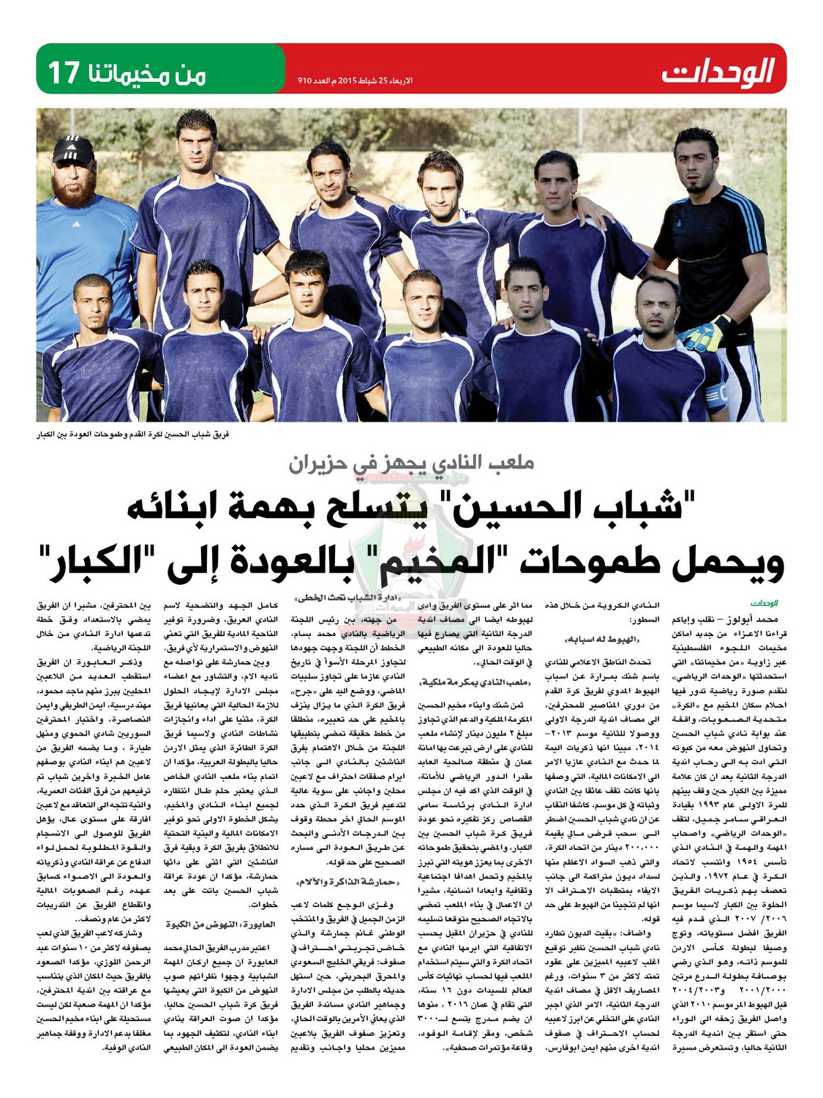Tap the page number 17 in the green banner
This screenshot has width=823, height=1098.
(x=64, y=73)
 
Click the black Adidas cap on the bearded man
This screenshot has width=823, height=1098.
(x=74, y=150)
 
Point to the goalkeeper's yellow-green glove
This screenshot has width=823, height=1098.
(x=716, y=333)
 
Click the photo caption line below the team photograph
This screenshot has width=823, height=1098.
(x=133, y=435)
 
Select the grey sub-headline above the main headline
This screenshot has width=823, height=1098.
(x=411, y=463)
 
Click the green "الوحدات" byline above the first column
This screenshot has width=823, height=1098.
(x=764, y=604)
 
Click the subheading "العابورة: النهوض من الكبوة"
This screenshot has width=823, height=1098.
(x=205, y=925)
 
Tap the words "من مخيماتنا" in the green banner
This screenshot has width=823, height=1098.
(x=157, y=73)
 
